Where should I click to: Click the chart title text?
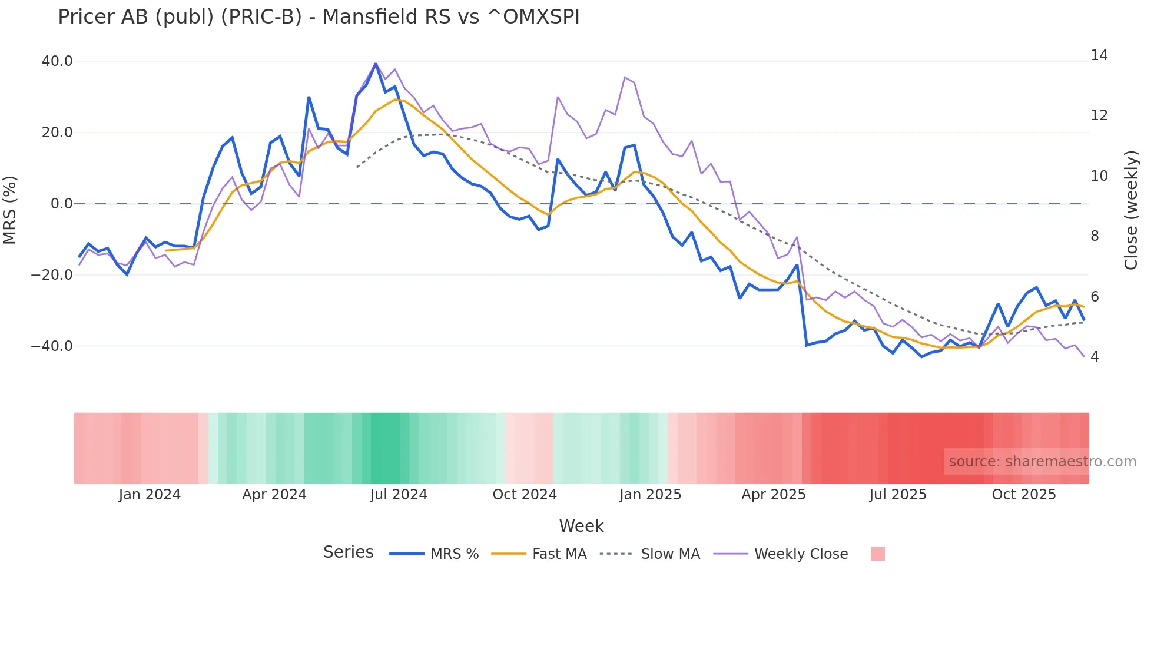pos(319,17)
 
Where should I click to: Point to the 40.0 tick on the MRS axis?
pos(57,61)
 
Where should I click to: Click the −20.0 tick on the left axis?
pos(52,275)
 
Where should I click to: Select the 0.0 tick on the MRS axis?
pos(61,204)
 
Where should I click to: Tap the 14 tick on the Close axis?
pos(1099,55)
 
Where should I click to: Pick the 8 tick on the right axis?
pos(1095,236)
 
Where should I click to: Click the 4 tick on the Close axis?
pos(1095,357)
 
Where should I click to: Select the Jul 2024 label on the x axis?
pos(399,495)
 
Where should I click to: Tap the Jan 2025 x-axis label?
pos(650,495)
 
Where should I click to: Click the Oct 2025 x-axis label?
pos(1024,495)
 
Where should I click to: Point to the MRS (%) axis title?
pos(10,210)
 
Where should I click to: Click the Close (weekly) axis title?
pos(1131,210)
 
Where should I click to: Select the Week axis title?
pos(581,526)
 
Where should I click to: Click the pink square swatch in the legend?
pos(877,554)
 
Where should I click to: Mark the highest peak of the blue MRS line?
pos(376,64)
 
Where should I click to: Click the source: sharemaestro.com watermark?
pos(1042,462)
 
